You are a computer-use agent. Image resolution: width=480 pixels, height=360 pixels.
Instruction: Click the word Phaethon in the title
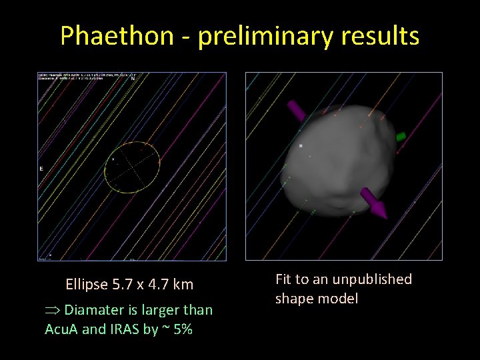tap(117, 35)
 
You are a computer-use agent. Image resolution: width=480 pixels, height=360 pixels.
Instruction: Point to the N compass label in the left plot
tap(132, 79)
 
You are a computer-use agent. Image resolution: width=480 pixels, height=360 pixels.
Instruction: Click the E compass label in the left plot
tap(41, 169)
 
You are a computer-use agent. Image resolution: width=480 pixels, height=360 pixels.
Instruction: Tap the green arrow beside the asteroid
tap(400, 137)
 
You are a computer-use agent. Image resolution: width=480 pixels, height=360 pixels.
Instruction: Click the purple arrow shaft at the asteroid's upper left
tap(294, 109)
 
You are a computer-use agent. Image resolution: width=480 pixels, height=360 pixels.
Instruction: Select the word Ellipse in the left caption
tap(87, 285)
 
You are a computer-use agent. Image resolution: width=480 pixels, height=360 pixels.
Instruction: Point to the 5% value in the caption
tap(181, 329)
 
